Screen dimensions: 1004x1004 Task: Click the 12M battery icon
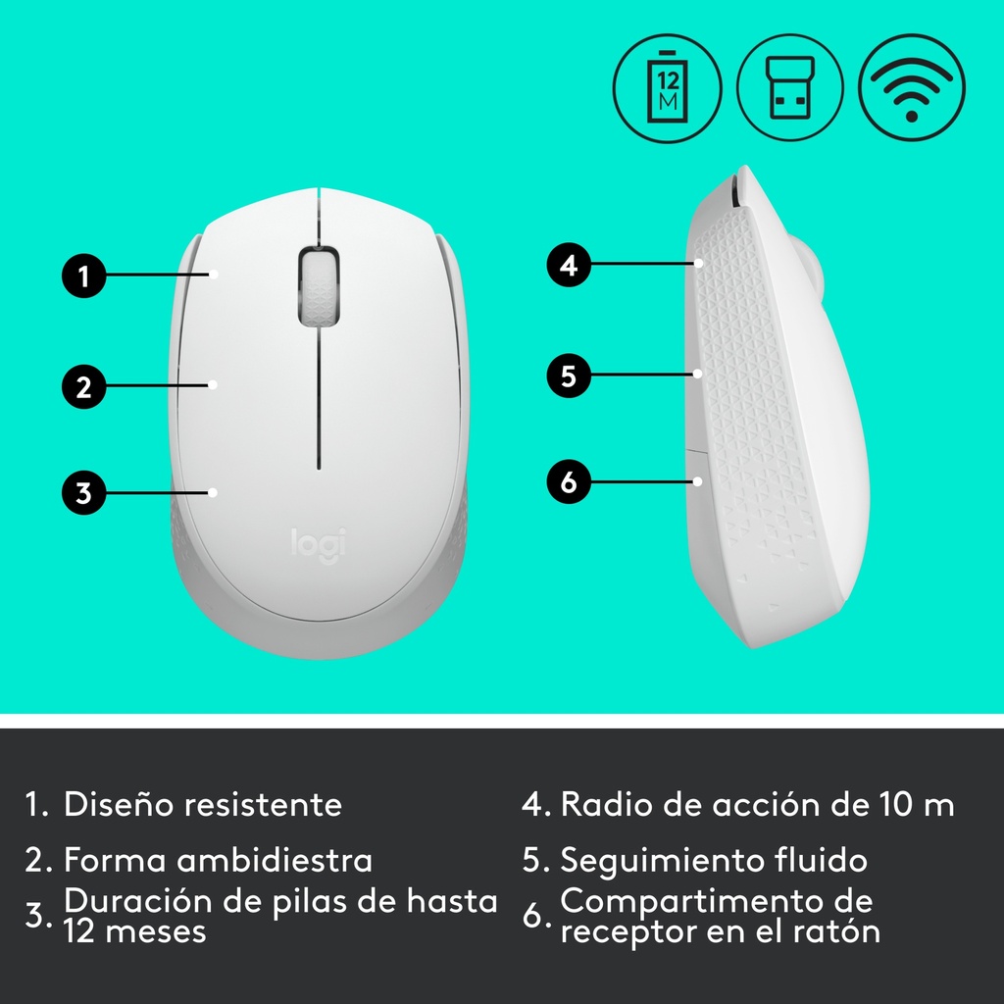pos(667,87)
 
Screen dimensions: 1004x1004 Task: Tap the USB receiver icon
pos(790,87)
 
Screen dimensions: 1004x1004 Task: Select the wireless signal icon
pos(912,87)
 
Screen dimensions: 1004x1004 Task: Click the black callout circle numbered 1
pos(84,276)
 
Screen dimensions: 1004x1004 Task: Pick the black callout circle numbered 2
pos(84,386)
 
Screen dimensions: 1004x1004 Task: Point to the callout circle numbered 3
pos(84,493)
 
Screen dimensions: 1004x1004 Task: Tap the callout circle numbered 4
pos(569,265)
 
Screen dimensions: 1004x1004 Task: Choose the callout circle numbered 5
pos(569,376)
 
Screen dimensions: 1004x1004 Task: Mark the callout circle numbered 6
pos(569,481)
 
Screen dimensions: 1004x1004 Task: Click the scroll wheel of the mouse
pos(319,285)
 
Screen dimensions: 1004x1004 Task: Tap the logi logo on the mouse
pos(319,545)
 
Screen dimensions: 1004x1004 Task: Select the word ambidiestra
pos(275,859)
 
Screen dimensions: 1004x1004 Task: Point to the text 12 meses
pos(134,931)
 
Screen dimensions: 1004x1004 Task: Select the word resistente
pos(263,805)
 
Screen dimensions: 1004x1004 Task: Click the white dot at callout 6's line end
pos(698,480)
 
